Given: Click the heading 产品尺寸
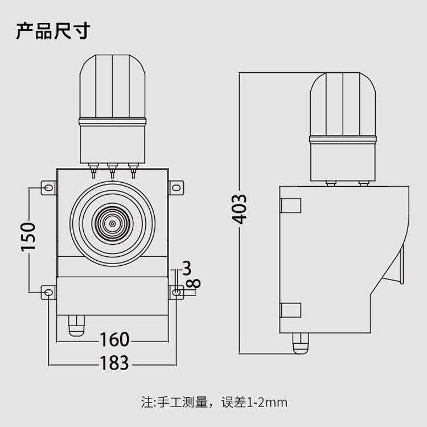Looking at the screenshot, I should [x=52, y=31].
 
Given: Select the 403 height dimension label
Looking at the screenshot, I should [x=241, y=208].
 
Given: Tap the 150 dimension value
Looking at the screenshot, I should [x=28, y=236].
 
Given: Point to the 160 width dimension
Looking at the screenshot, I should [x=114, y=340].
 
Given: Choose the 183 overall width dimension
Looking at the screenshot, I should [x=114, y=362].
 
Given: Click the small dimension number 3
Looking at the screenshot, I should [x=186, y=267].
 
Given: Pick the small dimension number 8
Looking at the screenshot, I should [x=195, y=282].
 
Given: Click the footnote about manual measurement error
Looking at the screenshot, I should [x=214, y=403].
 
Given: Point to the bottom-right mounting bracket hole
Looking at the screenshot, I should [x=177, y=293].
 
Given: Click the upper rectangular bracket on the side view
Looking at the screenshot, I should [x=291, y=205].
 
